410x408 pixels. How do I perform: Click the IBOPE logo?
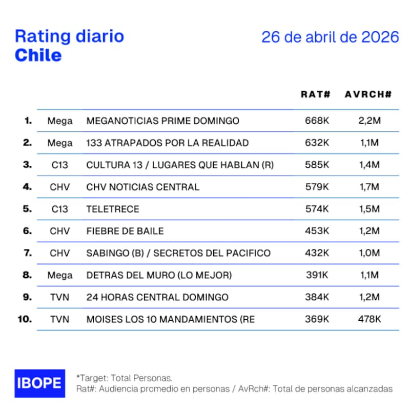[x=39, y=383]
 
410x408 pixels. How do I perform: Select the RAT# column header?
[x=315, y=94]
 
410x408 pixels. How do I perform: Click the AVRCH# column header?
[x=368, y=94]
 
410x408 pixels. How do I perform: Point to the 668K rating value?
[x=316, y=121]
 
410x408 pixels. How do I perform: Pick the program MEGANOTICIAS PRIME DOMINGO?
[x=163, y=121]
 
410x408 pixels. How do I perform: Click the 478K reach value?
[x=369, y=319]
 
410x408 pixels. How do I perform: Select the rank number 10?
[x=25, y=319]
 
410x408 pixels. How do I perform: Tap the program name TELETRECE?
[x=113, y=209]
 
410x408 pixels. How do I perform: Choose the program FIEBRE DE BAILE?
[x=125, y=231]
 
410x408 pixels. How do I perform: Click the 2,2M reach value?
[x=369, y=121]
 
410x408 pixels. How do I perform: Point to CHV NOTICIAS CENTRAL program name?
[x=142, y=187]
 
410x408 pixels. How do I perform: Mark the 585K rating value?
[x=316, y=165]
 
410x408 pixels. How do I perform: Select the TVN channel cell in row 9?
[x=60, y=297]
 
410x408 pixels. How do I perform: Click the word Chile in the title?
[x=38, y=55]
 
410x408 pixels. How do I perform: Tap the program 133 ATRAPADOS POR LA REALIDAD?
[x=168, y=143]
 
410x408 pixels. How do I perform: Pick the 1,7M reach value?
[x=369, y=187]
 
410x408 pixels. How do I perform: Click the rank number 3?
[x=27, y=165]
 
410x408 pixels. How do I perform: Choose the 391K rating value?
[x=316, y=275]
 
